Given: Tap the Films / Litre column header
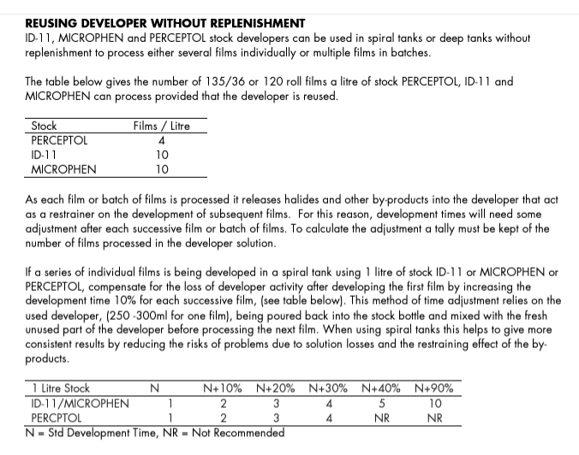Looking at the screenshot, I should [x=162, y=126].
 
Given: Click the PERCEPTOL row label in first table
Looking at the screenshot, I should [x=59, y=140].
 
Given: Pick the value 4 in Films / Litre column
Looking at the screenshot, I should [x=162, y=140].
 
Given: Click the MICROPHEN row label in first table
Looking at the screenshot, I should [x=63, y=169].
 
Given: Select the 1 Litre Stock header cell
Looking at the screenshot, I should [x=61, y=388].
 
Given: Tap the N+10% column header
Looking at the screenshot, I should [x=223, y=388].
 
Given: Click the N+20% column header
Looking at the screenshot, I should [x=276, y=388].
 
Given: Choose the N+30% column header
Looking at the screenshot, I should [x=328, y=388].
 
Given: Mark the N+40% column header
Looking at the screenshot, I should [x=381, y=388].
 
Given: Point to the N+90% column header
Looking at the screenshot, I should [x=434, y=388].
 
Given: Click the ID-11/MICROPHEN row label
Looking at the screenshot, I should [x=81, y=403].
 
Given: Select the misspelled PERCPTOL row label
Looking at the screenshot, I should [x=57, y=417].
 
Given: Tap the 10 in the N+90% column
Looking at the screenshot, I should [x=434, y=403].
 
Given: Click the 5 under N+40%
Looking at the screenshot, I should [x=381, y=403].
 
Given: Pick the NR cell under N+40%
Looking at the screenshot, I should [x=381, y=417].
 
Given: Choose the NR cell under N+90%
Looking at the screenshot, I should [x=434, y=417].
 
